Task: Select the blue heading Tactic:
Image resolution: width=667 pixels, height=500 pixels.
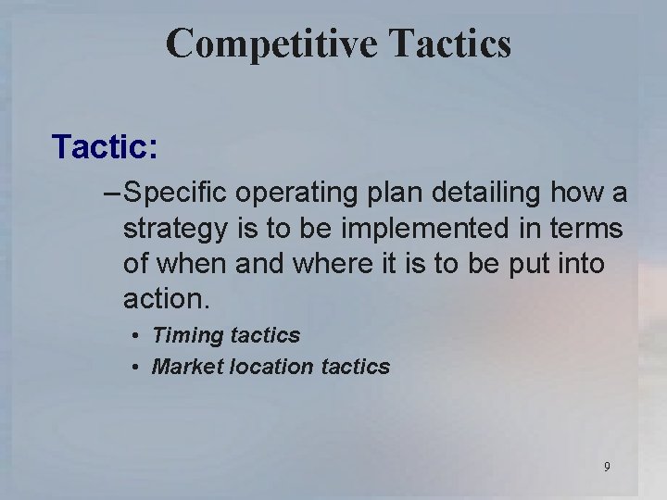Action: (105, 145)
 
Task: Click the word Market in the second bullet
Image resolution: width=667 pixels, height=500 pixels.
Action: (185, 367)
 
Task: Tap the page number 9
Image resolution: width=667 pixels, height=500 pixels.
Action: (607, 467)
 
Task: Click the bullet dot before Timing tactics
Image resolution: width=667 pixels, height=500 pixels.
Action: (135, 335)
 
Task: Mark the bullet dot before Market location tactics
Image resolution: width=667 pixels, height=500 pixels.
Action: (135, 367)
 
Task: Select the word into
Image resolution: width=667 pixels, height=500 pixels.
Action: (579, 264)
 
